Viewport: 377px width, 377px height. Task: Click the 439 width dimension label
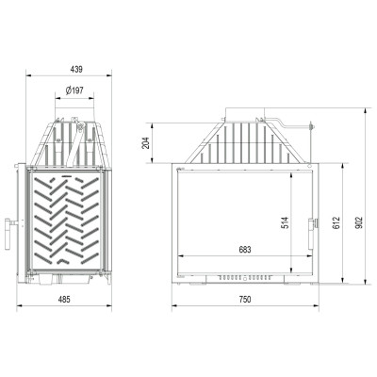coord(76,69)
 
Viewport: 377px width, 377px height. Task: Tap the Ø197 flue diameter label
coord(74,90)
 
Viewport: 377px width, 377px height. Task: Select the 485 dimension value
coord(64,299)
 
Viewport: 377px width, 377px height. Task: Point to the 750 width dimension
coord(245,299)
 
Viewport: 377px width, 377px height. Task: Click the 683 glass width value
coord(245,250)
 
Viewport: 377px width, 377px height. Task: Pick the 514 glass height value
coord(286,222)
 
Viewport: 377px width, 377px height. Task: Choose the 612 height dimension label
coord(336,222)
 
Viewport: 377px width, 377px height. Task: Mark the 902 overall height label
coord(360,222)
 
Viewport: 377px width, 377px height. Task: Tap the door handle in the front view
coord(312,234)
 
